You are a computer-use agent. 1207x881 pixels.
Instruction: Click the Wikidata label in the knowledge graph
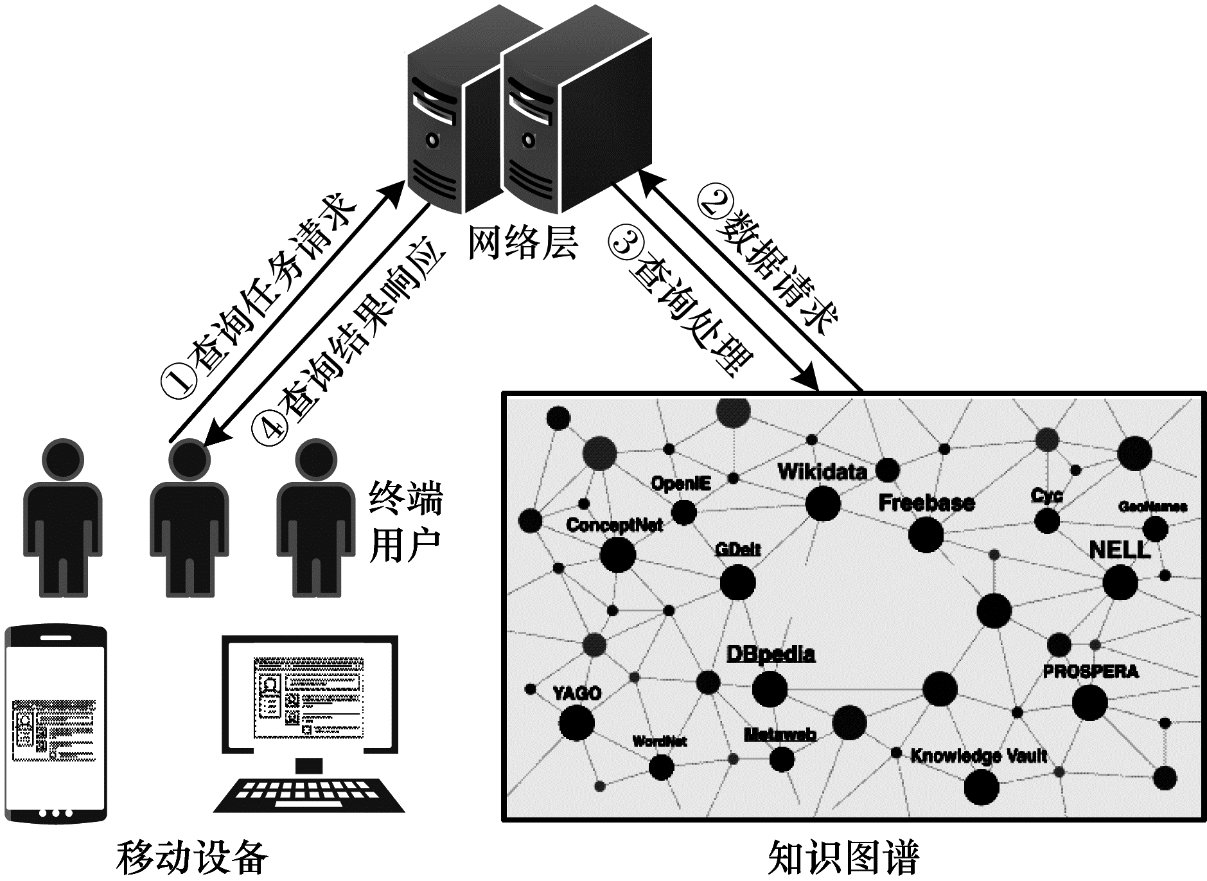point(822,472)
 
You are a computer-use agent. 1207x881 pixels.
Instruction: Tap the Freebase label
point(926,503)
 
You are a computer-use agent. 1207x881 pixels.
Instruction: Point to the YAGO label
point(577,693)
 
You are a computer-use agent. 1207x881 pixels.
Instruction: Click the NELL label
point(1120,550)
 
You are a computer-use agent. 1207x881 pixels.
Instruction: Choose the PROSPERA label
point(1090,672)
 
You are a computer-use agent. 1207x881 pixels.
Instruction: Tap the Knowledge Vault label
point(978,756)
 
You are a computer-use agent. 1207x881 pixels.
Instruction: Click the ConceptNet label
point(614,525)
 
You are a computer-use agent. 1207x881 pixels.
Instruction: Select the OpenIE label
point(680,483)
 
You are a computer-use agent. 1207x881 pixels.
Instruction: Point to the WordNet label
point(659,741)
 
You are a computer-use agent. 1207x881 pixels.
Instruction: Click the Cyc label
point(1046,495)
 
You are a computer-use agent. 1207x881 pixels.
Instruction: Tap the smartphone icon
point(56,724)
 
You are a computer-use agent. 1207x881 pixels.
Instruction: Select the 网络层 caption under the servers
point(522,243)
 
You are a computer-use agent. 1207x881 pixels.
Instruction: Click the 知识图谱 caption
point(843,857)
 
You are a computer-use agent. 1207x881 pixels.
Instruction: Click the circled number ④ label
point(269,426)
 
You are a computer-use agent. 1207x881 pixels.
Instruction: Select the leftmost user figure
point(62,518)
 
